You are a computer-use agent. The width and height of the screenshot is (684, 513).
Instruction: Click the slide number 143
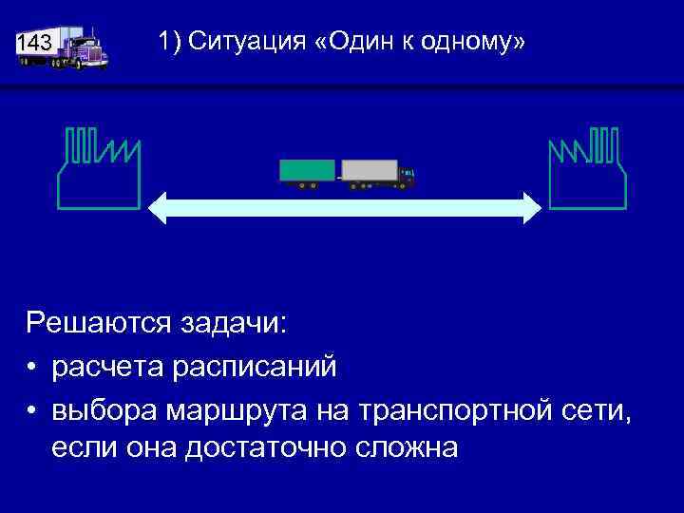pos(35,44)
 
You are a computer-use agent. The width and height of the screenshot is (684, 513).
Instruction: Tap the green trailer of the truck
pos(307,171)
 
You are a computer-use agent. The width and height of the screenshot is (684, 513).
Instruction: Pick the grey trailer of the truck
pos(369,171)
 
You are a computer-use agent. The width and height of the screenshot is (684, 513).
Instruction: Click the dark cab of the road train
pos(407,176)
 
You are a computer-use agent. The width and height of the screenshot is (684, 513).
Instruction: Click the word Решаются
pos(95,324)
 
